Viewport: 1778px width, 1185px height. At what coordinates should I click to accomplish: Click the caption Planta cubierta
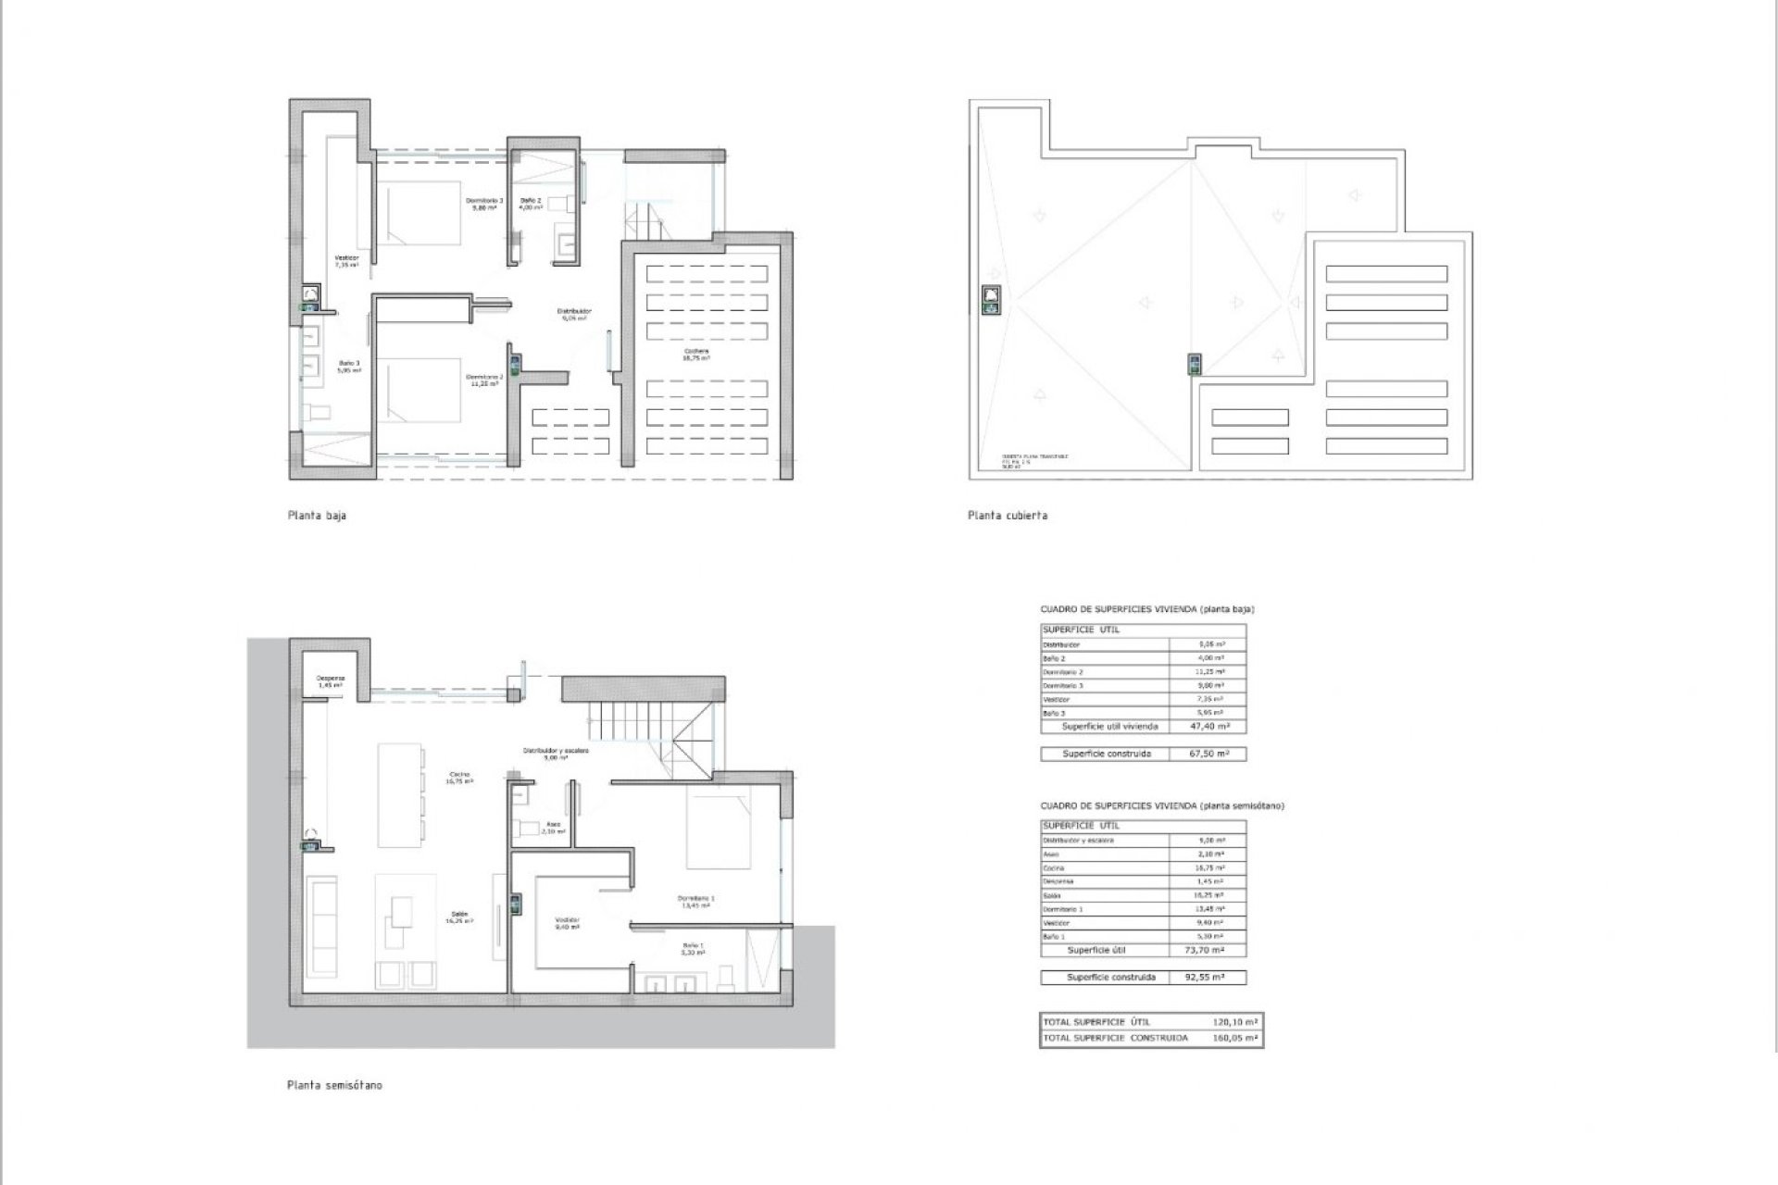click(1007, 516)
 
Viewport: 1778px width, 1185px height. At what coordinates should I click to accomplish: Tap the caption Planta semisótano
click(334, 1085)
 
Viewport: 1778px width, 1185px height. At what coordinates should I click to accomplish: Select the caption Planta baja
click(317, 516)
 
